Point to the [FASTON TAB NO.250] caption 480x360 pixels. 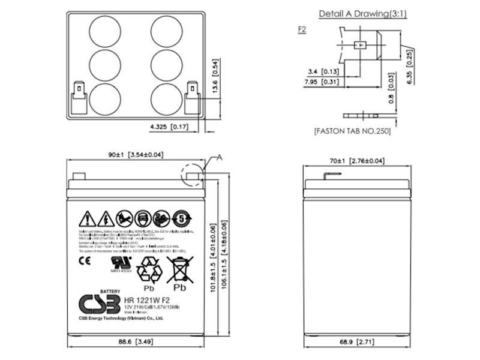click(352, 130)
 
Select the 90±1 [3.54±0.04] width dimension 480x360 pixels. click(136, 155)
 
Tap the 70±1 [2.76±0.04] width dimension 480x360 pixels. click(357, 161)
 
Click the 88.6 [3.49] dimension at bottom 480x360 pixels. click(133, 343)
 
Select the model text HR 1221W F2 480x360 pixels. click(146, 300)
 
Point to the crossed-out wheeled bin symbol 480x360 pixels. click(181, 268)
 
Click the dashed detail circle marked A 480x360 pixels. click(192, 173)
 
